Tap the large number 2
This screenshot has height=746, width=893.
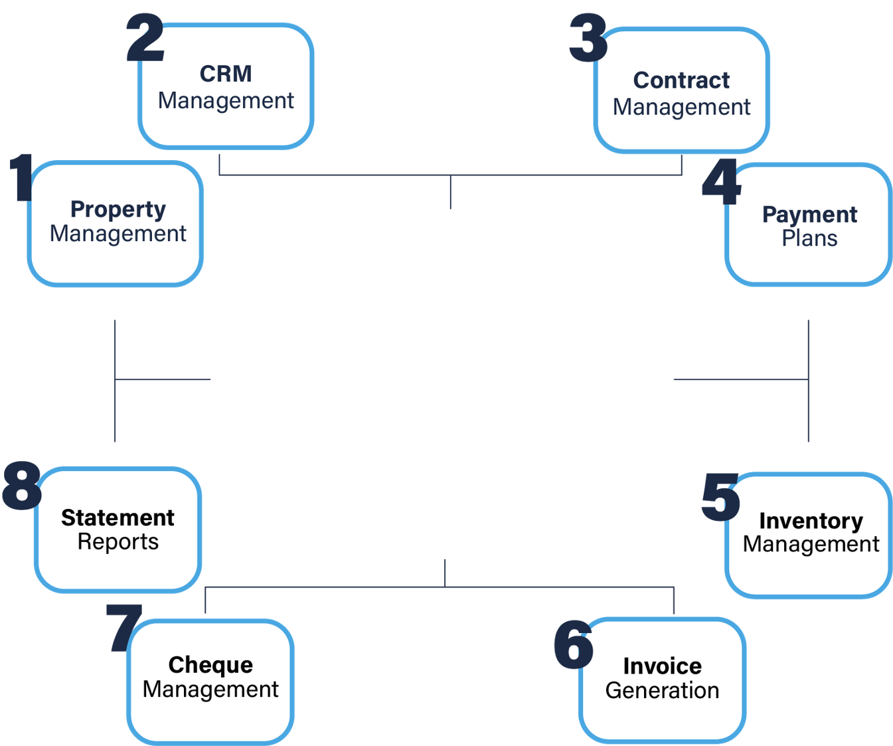click(x=145, y=39)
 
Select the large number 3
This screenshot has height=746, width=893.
click(x=588, y=39)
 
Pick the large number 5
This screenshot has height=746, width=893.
click(x=720, y=497)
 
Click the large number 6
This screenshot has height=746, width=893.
click(x=573, y=644)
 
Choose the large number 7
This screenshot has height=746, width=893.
click(x=124, y=627)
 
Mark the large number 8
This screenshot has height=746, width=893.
click(x=21, y=486)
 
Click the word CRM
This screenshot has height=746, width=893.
click(x=226, y=74)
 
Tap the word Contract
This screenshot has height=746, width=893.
click(x=681, y=80)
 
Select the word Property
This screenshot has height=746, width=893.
click(x=118, y=209)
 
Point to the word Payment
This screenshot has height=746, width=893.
click(x=809, y=215)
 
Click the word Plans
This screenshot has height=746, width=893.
click(x=809, y=238)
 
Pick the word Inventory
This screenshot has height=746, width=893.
click(x=811, y=521)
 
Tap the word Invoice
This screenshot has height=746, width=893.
click(x=662, y=666)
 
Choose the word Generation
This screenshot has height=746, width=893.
click(x=662, y=691)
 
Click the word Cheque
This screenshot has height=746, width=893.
click(x=210, y=665)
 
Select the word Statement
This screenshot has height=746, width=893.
click(x=118, y=517)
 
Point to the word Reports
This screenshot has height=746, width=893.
click(x=118, y=542)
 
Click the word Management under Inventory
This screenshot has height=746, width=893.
click(x=811, y=545)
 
